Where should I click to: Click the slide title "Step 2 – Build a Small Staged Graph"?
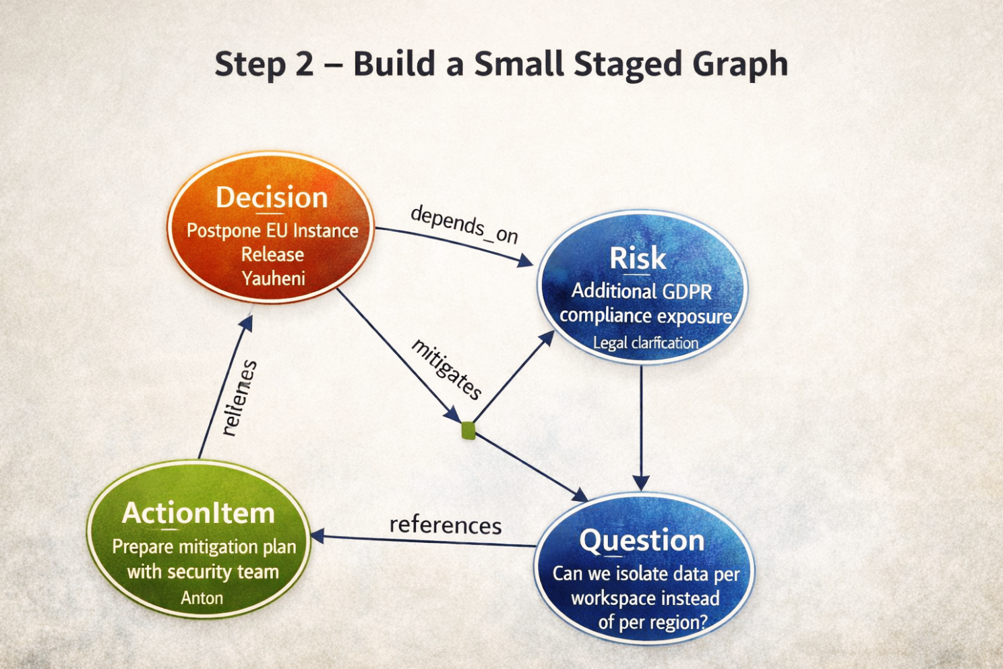coord(501,65)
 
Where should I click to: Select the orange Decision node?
coord(272,228)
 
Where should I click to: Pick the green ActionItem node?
coord(199,540)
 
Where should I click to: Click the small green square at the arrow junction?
coord(468,430)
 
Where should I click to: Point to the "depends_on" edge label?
coord(464,225)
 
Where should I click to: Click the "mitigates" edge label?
coord(447,369)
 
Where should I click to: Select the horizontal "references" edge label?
coord(446,525)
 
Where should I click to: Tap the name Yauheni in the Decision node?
coord(273,279)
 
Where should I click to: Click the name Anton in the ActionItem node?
coord(202,598)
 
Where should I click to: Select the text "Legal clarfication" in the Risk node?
coord(645,343)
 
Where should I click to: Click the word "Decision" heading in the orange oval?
coord(272,198)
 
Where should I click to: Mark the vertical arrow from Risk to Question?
coord(641,425)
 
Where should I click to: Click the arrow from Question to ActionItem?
coord(425,540)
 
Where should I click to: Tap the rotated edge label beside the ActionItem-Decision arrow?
coord(239,398)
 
